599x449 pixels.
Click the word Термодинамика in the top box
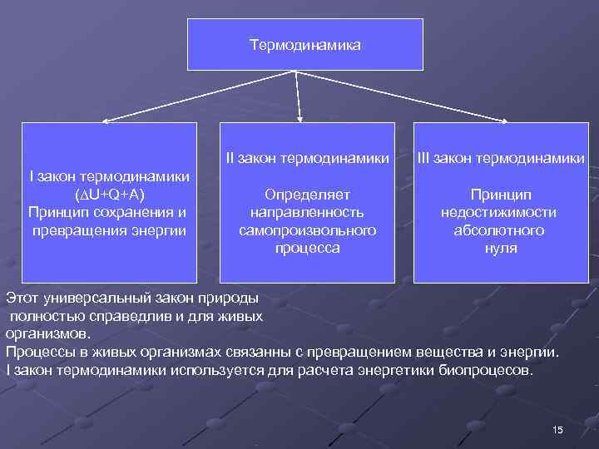[x=304, y=44]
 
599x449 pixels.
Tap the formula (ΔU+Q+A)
[x=108, y=195]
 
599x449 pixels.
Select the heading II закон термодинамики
[x=307, y=157]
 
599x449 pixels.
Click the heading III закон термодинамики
[x=501, y=157]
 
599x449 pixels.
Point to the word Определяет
[x=307, y=195]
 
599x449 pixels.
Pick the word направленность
[x=307, y=212]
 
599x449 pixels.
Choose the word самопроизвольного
[x=307, y=230]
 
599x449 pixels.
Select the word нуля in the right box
[x=500, y=248]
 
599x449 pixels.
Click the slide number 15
[x=557, y=429]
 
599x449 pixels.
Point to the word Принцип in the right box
[x=500, y=195]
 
